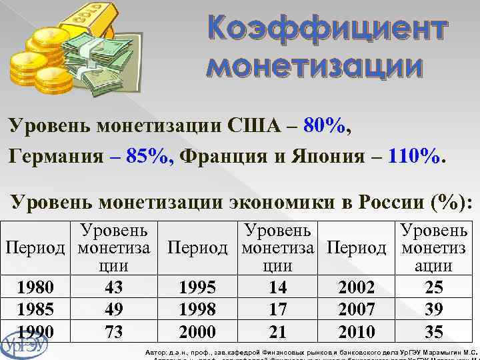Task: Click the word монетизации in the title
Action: tap(315, 67)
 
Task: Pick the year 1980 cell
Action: tap(36, 288)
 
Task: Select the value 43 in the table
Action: tap(113, 288)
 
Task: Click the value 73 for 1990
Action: tap(113, 331)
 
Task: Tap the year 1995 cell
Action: tap(198, 288)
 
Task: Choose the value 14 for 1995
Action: tap(277, 288)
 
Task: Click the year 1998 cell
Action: tap(198, 310)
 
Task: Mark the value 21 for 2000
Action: tap(277, 331)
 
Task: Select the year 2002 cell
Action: tap(357, 288)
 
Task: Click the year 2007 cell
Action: tap(357, 310)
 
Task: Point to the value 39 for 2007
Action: tap(433, 310)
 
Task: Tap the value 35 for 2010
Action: tap(433, 331)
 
